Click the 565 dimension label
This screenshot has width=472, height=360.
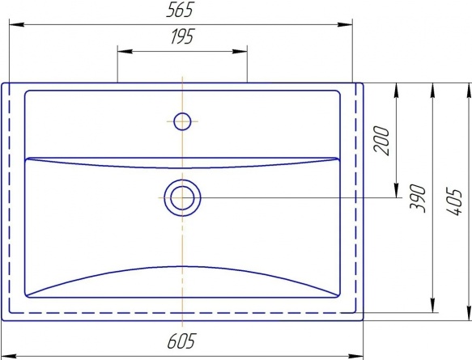click(x=180, y=10)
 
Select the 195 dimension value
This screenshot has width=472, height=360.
click(x=183, y=36)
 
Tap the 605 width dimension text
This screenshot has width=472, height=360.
click(x=181, y=341)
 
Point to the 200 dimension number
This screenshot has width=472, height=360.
click(x=381, y=141)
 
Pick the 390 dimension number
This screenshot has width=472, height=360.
click(x=418, y=198)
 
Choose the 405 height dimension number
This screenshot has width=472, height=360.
click(x=454, y=201)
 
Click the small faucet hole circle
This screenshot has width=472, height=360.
click(x=182, y=121)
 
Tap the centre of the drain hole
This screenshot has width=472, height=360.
click(x=182, y=198)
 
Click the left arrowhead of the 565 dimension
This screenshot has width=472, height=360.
click(x=16, y=24)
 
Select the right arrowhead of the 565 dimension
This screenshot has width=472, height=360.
click(x=345, y=24)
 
